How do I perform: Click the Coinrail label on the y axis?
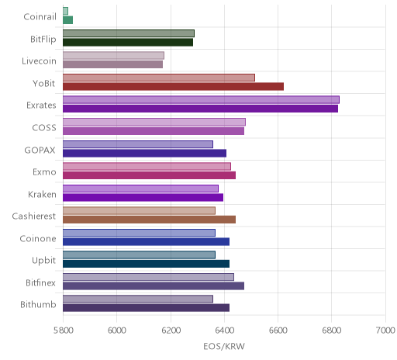coord(40,17)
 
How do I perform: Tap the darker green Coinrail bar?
coord(67,20)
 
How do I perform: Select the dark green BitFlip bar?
coord(128,42)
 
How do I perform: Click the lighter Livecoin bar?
coord(113,56)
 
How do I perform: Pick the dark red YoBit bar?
coord(173,86)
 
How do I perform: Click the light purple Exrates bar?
coord(201,100)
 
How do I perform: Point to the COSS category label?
coord(44,128)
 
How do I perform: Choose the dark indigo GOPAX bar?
coord(144,153)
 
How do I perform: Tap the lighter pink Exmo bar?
coord(147,166)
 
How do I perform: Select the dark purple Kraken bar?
coord(143,197)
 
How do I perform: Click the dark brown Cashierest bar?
coord(149,220)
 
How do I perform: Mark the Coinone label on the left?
coord(38,238)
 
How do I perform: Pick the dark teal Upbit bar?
coord(146,264)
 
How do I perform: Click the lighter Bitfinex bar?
coord(148,277)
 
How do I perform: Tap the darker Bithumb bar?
coord(146,308)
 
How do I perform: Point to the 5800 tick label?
coord(63,331)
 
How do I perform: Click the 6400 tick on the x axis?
coord(224,331)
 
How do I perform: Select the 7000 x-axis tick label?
coord(385,331)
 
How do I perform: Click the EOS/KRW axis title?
coord(224,346)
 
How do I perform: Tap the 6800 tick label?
coord(332,331)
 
